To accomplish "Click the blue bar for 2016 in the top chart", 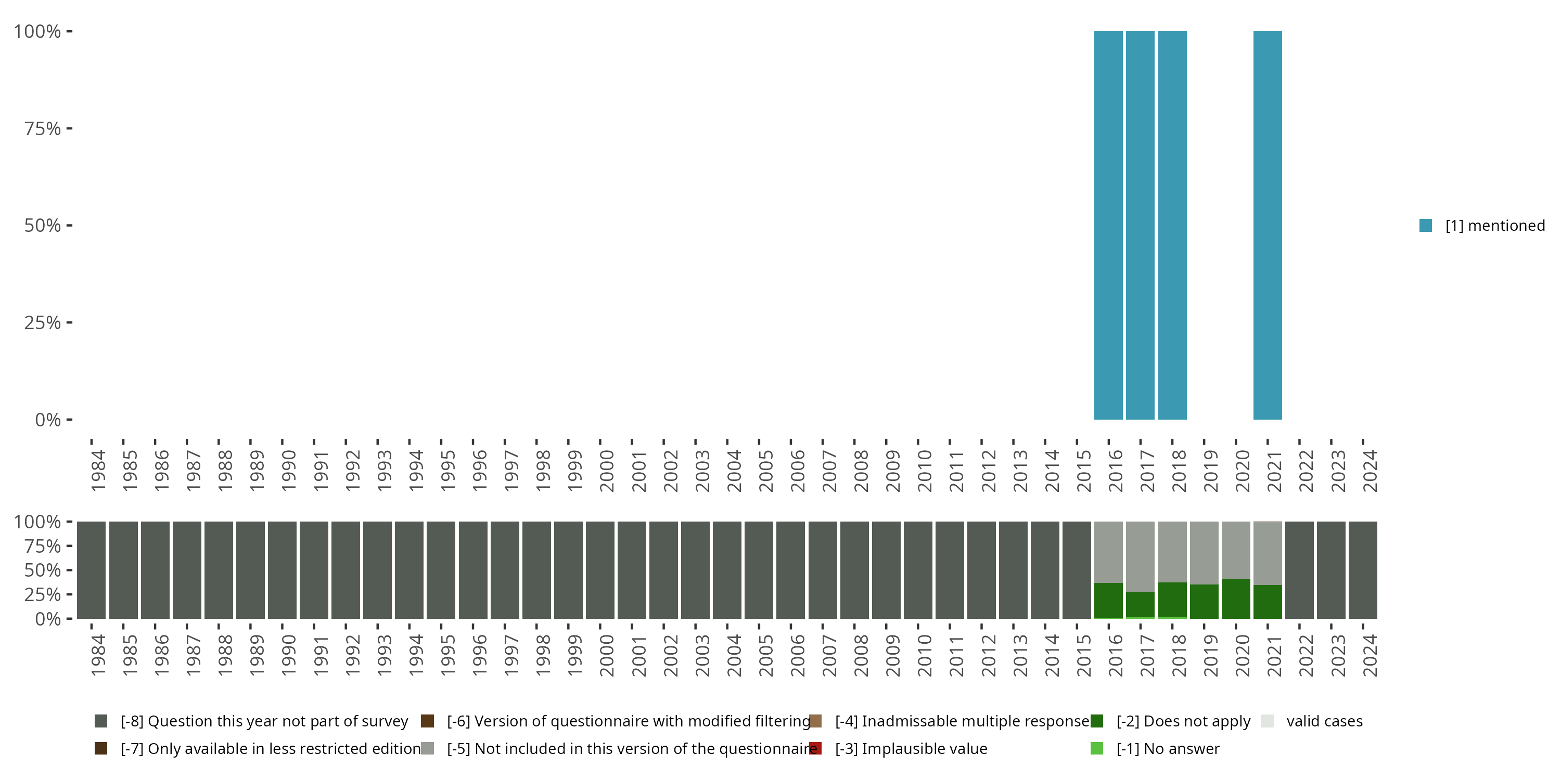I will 1108,225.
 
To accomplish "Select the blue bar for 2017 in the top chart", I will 1140,225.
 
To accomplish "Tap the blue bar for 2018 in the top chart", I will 1172,225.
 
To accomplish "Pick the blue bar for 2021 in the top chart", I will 1267,225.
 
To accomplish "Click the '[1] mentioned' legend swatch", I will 1425,226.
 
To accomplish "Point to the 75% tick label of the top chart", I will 43,128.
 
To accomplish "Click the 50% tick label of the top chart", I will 43,226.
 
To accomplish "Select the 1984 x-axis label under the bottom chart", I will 98,655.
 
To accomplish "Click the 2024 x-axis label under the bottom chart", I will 1369,655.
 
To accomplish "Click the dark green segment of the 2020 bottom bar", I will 1236,599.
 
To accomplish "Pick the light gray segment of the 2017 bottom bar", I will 1140,556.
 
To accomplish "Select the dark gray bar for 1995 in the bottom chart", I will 441,570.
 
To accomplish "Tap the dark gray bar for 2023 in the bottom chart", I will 1330,570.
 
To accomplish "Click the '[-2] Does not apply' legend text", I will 1183,721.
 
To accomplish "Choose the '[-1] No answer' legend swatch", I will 1097,748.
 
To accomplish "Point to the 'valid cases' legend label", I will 1324,721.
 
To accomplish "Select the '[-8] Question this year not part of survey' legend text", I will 264,721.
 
